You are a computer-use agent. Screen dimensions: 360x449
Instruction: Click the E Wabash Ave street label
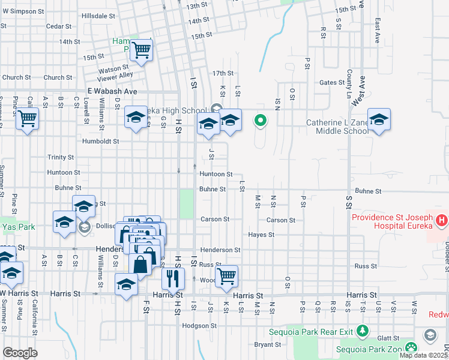[112, 91]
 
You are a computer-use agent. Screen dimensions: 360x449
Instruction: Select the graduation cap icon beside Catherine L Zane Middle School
[379, 121]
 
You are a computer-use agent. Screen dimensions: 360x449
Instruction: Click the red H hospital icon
[442, 221]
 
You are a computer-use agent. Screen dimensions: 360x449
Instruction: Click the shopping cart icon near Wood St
[226, 277]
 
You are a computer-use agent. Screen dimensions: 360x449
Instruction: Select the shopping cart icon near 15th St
[142, 52]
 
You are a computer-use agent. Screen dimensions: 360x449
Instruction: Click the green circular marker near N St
[261, 121]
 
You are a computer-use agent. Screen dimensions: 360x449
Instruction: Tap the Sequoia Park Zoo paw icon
[411, 347]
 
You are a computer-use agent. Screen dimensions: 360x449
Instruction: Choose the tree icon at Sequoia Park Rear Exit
[361, 331]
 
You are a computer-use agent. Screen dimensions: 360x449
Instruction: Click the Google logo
[20, 353]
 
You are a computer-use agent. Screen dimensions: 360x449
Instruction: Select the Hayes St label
[261, 235]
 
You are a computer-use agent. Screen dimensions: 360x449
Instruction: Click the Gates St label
[330, 83]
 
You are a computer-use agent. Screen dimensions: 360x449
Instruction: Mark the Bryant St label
[268, 344]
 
